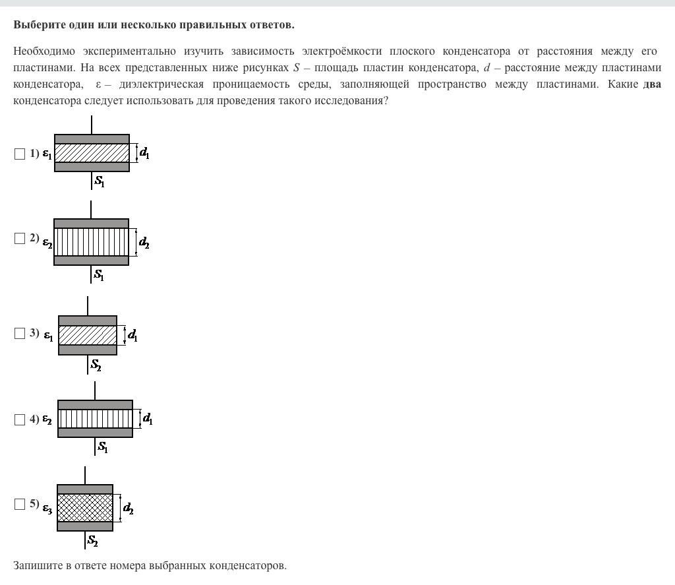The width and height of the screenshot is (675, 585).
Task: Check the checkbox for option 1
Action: coord(19,154)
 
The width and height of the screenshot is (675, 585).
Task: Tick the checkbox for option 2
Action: coord(19,239)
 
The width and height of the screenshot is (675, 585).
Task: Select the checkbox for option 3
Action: coord(19,334)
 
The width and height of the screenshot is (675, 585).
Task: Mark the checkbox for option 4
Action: coord(19,419)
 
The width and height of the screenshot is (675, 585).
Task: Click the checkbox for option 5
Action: coord(19,505)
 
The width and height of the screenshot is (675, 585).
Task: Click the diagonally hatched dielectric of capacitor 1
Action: coord(92,153)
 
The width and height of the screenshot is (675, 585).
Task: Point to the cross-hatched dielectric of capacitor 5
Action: coord(85,508)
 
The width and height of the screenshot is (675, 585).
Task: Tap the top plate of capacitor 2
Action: coord(91,224)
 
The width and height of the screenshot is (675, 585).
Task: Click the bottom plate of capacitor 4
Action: coord(95,433)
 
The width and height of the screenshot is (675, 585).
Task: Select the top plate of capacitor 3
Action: coord(88,321)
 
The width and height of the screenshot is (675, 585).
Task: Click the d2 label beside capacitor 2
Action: coord(144,243)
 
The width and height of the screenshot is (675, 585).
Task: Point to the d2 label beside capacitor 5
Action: coord(128,508)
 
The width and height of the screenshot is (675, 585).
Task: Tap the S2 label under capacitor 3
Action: coord(96,364)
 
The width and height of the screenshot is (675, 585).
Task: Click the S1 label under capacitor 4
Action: coord(103,447)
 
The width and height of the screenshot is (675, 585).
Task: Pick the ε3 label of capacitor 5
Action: coord(47,508)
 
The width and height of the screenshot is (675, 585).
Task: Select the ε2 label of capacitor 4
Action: coord(47,419)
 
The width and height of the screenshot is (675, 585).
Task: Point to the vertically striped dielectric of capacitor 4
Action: coord(95,419)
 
